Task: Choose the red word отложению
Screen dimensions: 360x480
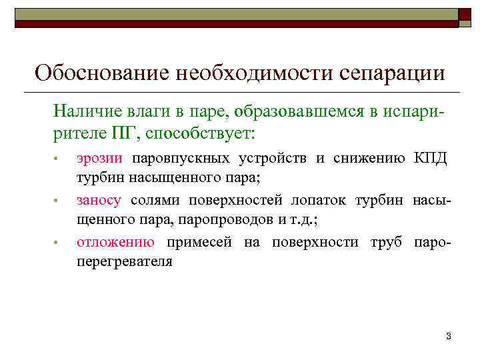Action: coord(116,243)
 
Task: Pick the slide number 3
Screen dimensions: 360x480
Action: coord(449,336)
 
